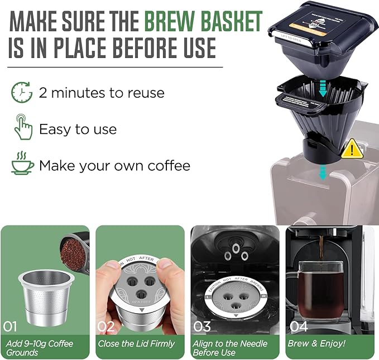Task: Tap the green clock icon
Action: coord(22,92)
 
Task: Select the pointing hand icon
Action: coord(22,128)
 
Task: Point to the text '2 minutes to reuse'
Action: coord(102,93)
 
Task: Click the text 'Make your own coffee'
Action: coord(114,166)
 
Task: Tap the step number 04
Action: coord(299,325)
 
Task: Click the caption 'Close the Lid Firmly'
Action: coord(136,344)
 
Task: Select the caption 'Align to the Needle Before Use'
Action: coord(229,348)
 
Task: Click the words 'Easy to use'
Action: coord(78,129)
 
